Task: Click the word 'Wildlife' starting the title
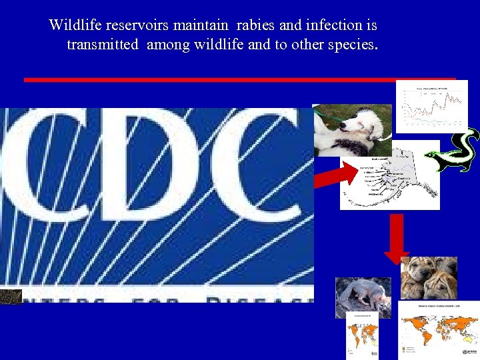pos(74,26)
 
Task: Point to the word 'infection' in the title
pos(333,26)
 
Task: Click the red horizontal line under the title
pos(240,79)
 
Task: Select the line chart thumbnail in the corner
pos(431,106)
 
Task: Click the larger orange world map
pos(438,331)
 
